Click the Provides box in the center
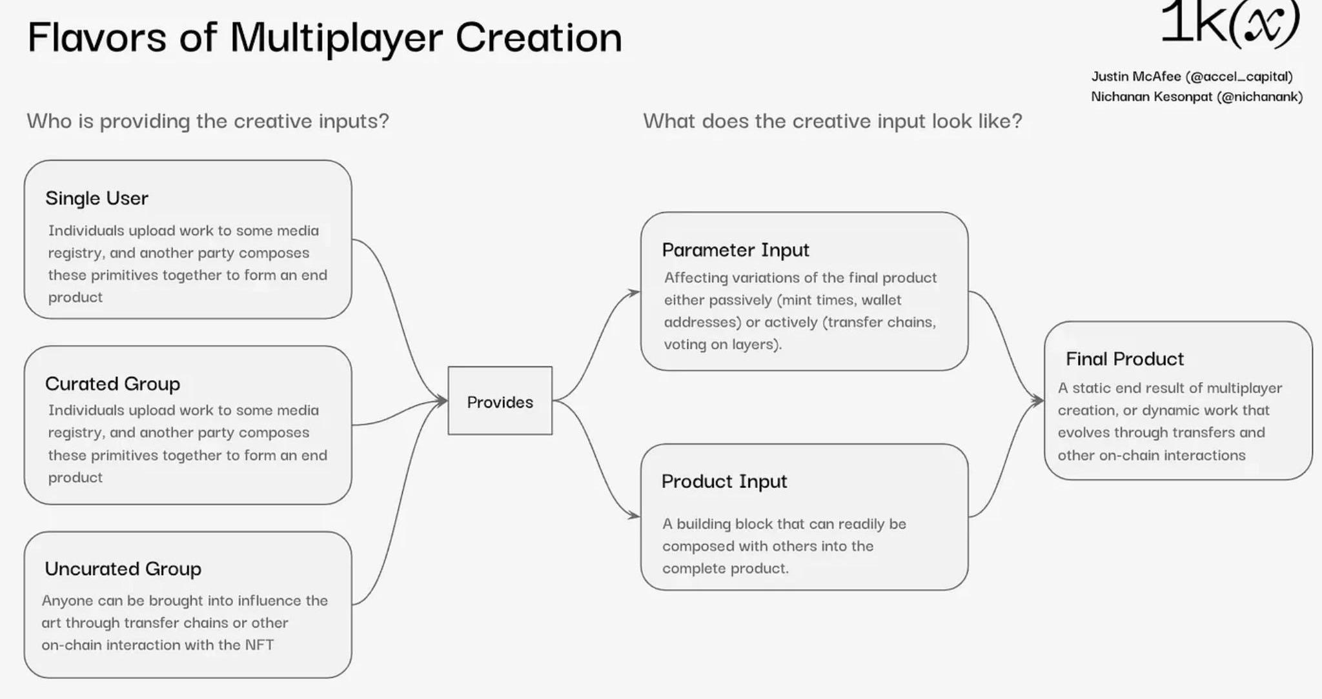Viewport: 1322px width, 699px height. pos(500,401)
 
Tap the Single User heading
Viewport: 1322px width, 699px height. pos(97,198)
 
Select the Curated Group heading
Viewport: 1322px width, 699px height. pos(112,384)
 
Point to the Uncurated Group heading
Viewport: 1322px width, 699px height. pos(123,569)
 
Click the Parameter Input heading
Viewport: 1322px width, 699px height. pos(735,250)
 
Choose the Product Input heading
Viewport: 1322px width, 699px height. pos(724,481)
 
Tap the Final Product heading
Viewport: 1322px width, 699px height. pos(1124,359)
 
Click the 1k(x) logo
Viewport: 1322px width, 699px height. pos(1230,24)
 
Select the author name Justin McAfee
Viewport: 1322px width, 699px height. pos(1135,77)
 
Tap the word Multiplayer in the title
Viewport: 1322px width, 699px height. pos(336,37)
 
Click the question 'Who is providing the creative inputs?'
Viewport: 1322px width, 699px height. pos(208,121)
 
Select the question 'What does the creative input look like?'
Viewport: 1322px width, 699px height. pos(832,121)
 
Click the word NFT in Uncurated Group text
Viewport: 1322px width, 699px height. pos(259,645)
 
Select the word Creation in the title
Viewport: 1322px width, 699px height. pos(539,37)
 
